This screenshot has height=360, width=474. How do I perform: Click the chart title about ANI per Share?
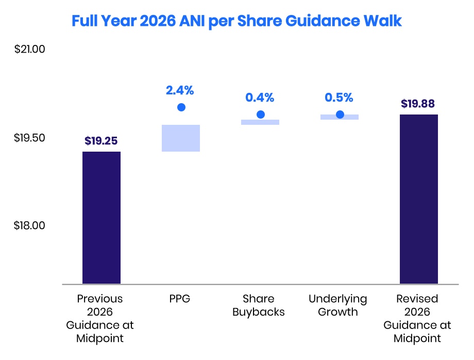236,21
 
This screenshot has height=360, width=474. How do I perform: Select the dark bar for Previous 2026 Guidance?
101,218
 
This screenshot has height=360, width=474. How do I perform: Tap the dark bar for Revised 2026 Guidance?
419,199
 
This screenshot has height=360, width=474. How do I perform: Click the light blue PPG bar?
181,138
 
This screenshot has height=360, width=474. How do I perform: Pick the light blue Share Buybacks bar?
260,122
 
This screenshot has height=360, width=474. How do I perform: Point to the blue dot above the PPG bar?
181,107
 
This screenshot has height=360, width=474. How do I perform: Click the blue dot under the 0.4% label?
261,114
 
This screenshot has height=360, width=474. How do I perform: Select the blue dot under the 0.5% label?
340,114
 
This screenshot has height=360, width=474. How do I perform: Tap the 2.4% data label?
180,90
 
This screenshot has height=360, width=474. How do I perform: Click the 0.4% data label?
260,97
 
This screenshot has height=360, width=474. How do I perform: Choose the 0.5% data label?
339,97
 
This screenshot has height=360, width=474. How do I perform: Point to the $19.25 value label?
101,141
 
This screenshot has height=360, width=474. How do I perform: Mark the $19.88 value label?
418,104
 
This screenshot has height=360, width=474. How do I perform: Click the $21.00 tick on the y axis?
30,49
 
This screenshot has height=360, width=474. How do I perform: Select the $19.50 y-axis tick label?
29,138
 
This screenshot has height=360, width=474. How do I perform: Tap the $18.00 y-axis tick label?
29,225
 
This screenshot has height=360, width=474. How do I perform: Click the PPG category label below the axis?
180,299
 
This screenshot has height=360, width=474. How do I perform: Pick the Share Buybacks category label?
259,305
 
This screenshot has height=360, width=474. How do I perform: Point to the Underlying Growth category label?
338,305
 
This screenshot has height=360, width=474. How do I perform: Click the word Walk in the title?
383,21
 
